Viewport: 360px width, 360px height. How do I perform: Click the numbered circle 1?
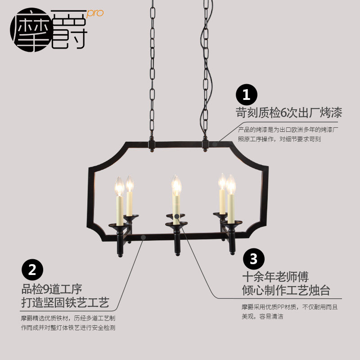[246, 95]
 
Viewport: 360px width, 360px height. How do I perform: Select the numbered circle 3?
[253, 259]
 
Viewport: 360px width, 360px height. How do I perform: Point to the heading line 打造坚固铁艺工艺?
[65, 301]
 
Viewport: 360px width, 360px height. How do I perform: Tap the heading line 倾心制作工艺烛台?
[286, 290]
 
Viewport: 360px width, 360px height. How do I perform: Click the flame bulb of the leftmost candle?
[119, 186]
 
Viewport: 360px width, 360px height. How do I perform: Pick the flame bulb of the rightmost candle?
[231, 184]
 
